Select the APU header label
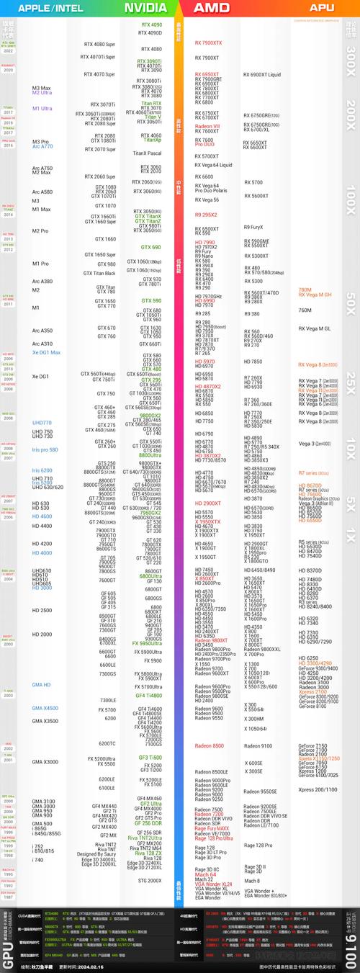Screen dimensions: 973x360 tap(321, 8)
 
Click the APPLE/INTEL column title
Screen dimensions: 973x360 tap(50, 8)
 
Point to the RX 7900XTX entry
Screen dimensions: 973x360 tap(209, 42)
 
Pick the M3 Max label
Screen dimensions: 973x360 tap(41, 88)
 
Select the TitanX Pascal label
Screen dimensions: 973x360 tap(147, 153)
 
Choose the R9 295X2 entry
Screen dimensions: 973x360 tap(206, 215)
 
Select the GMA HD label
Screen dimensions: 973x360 tap(41, 685)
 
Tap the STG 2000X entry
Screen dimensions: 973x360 tap(150, 880)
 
